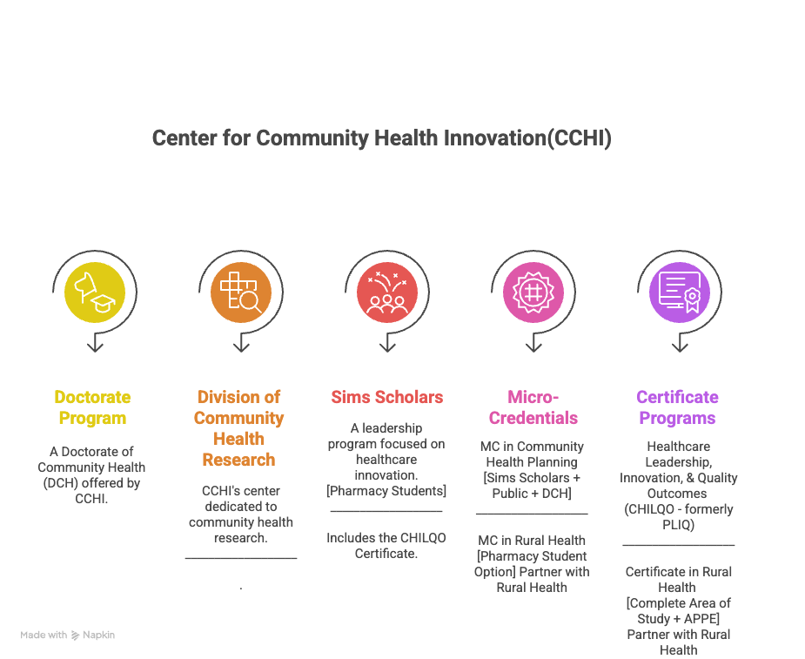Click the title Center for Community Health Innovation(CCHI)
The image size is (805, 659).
[381, 138]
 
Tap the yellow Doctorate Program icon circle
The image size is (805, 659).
[95, 292]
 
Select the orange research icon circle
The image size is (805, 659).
[241, 292]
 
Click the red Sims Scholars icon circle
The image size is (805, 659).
[387, 292]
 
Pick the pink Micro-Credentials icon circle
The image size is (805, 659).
[533, 292]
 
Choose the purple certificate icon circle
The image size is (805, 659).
[680, 292]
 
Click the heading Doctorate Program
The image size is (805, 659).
[92, 407]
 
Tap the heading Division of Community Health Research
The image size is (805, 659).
[238, 428]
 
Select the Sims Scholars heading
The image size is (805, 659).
[387, 397]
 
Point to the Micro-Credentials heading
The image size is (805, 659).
[533, 407]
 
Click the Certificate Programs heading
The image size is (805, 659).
[677, 407]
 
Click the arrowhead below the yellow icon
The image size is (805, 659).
[95, 346]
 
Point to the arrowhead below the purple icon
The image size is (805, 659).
[680, 346]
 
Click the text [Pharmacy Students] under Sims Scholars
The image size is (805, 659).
[386, 491]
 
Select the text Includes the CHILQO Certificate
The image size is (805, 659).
[386, 546]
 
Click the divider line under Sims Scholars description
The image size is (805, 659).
[386, 512]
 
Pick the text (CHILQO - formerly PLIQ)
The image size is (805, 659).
[679, 517]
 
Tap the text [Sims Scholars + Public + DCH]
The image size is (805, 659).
[532, 486]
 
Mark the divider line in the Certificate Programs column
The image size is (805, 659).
[679, 546]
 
